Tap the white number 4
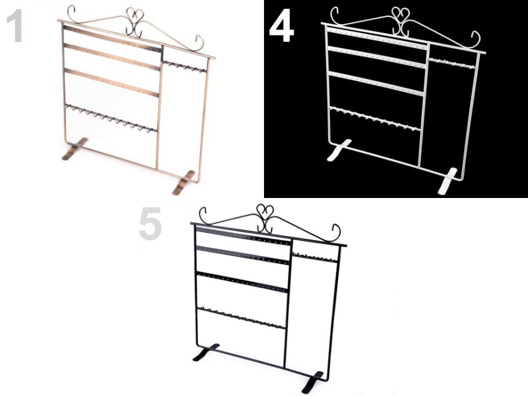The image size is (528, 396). pyautogui.click(x=282, y=30)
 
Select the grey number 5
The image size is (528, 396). pyautogui.click(x=150, y=224)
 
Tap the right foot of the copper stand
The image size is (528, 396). pyautogui.click(x=184, y=183)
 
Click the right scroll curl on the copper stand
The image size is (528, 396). pyautogui.click(x=199, y=42)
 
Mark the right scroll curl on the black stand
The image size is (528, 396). pyautogui.click(x=337, y=232)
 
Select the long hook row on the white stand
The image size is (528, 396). pyautogui.click(x=375, y=119)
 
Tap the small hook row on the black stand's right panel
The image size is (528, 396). pyautogui.click(x=315, y=257)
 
